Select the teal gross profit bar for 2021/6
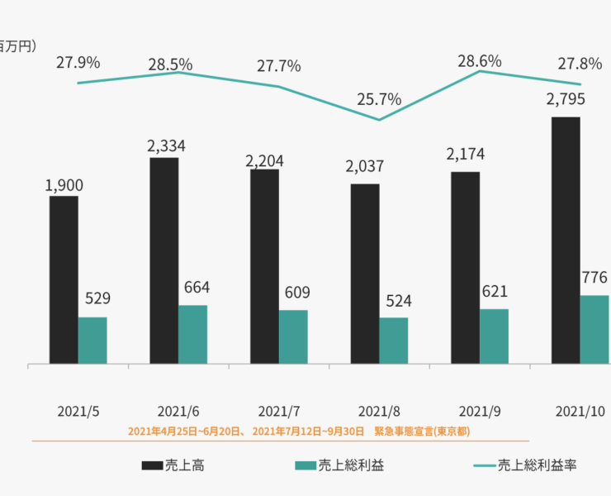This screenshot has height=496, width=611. tap(193, 334)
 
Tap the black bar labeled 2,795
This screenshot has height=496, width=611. tap(566, 240)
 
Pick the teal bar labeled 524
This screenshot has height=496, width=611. tap(394, 341)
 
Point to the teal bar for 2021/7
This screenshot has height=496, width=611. tap(293, 336)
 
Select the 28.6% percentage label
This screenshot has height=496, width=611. tap(481, 60)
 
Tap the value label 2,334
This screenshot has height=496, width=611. tap(166, 146)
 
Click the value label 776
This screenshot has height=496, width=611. tap(594, 277)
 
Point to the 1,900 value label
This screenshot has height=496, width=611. tap(64, 185)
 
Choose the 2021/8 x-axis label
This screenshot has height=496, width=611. tap(379, 411)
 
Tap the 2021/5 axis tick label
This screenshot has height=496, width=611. tap(78, 411)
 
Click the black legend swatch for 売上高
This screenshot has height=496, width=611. tap(152, 465)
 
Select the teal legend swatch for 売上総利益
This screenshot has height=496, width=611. tap(305, 465)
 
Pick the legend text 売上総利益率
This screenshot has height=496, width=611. tap(537, 465)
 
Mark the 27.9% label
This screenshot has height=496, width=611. tap(78, 62)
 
